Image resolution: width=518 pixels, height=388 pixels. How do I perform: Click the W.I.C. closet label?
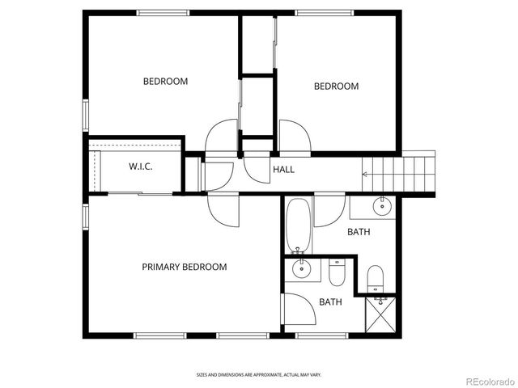pyautogui.click(x=141, y=167)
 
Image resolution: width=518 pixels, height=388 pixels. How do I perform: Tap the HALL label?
pyautogui.click(x=283, y=170)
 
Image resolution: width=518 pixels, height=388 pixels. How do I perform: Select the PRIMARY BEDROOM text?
pyautogui.click(x=185, y=267)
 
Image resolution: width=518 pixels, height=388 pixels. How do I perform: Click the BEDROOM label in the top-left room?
pyautogui.click(x=165, y=81)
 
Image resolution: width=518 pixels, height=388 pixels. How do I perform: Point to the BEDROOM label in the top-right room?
pyautogui.click(x=336, y=86)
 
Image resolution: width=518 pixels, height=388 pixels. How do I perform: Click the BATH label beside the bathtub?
pyautogui.click(x=359, y=232)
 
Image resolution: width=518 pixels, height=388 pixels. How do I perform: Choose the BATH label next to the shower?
pyautogui.click(x=330, y=302)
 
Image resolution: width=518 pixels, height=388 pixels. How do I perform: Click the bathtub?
pyautogui.click(x=298, y=226)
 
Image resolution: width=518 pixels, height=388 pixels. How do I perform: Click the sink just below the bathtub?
pyautogui.click(x=301, y=268)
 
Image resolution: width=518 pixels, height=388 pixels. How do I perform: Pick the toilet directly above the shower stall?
pyautogui.click(x=376, y=279)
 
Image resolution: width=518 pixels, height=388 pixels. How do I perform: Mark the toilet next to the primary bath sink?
pyautogui.click(x=337, y=272)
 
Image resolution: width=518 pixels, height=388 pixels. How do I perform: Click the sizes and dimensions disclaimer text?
pyautogui.click(x=259, y=374)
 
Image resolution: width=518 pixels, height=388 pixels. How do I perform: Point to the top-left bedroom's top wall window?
pyautogui.click(x=163, y=12)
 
